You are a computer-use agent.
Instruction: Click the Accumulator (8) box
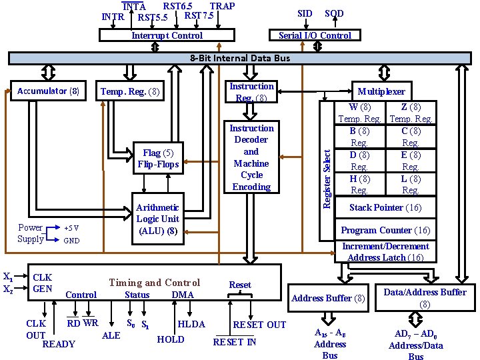pyautogui.click(x=48, y=91)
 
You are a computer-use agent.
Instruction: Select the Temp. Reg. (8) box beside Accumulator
pyautogui.click(x=130, y=91)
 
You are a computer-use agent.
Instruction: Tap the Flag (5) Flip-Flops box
pyautogui.click(x=158, y=159)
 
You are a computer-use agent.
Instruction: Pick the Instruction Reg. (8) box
pyautogui.click(x=251, y=92)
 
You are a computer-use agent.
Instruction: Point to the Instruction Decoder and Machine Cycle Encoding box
pyautogui.click(x=251, y=157)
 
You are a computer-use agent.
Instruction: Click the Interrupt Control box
pyautogui.click(x=167, y=35)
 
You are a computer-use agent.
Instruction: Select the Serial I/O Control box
pyautogui.click(x=315, y=35)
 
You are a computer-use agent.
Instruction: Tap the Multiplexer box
pyautogui.click(x=381, y=91)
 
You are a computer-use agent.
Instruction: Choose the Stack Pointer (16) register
pyautogui.click(x=385, y=207)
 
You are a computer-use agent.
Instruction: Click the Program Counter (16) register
pyautogui.click(x=385, y=230)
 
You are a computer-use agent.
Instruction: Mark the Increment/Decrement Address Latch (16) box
pyautogui.click(x=385, y=252)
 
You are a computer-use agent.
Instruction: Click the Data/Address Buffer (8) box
pyautogui.click(x=425, y=298)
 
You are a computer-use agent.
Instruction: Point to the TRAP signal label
pyautogui.click(x=222, y=6)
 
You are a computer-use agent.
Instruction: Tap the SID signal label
pyautogui.click(x=305, y=13)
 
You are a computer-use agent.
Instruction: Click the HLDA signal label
pyautogui.click(x=191, y=325)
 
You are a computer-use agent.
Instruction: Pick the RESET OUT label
pyautogui.click(x=259, y=325)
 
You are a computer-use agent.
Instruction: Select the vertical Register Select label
pyautogui.click(x=327, y=170)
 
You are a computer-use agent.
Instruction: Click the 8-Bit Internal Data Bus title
pyautogui.click(x=240, y=58)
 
